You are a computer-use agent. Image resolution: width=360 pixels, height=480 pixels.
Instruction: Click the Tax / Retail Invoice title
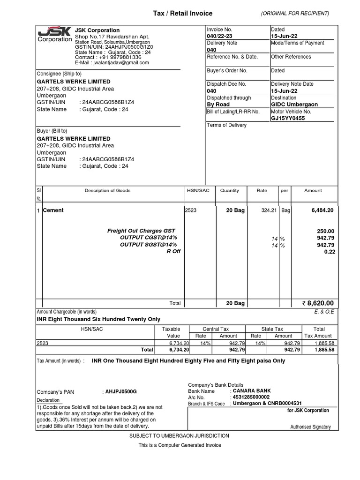(183, 14)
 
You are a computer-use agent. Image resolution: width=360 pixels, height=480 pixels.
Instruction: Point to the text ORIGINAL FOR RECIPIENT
(295, 14)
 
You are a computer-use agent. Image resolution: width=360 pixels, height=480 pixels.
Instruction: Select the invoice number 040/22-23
(220, 36)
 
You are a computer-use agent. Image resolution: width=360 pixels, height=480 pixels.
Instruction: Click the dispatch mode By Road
(219, 105)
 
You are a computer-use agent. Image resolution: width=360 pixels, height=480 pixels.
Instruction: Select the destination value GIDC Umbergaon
(294, 105)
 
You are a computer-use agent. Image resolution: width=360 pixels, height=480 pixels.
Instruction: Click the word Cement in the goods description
(53, 210)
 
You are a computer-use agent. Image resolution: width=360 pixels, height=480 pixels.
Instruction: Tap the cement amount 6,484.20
(322, 210)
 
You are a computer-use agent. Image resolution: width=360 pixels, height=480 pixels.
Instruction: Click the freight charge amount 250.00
(325, 231)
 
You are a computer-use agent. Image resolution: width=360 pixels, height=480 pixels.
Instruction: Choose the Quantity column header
(229, 191)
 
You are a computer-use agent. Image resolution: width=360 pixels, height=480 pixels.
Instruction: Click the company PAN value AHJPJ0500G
(121, 391)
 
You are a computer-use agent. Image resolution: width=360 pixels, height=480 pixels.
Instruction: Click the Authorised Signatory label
(310, 427)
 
